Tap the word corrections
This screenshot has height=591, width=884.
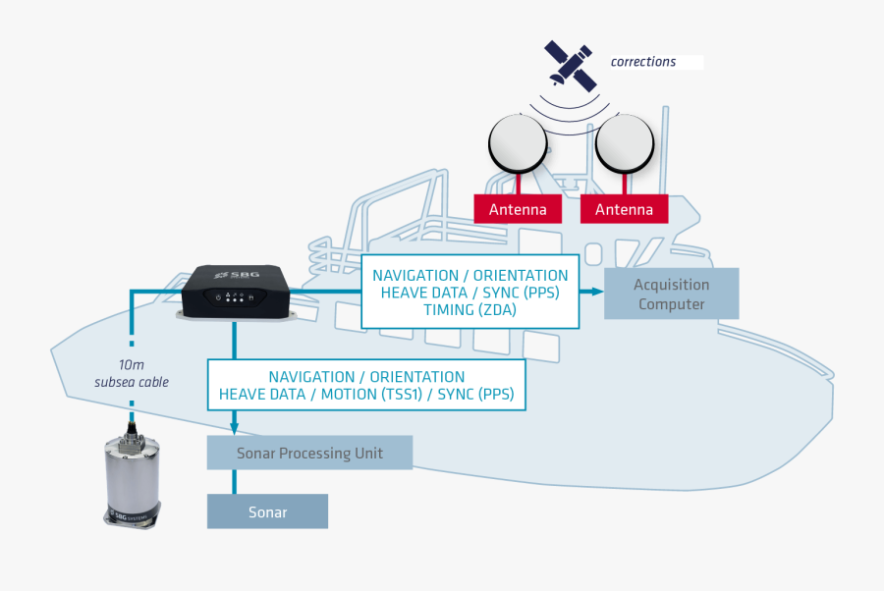click(643, 62)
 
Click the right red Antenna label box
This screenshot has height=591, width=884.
click(624, 209)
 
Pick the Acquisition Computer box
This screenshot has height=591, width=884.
click(671, 294)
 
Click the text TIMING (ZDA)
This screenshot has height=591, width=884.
click(470, 310)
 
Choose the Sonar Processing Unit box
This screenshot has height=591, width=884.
click(309, 454)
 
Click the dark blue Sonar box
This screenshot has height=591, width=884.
click(267, 512)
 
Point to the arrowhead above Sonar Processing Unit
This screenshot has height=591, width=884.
click(235, 428)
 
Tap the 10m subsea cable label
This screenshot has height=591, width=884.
click(132, 373)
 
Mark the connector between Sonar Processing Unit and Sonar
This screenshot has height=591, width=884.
click(235, 481)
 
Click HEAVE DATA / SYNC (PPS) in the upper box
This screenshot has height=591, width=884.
click(470, 293)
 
